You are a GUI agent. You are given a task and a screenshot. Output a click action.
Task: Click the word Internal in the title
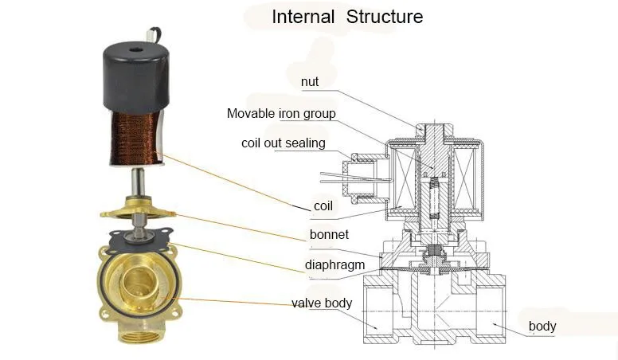pos(304,17)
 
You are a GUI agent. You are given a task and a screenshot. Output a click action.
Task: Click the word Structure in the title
pos(385,17)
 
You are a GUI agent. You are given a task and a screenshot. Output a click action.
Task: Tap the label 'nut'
pos(310,81)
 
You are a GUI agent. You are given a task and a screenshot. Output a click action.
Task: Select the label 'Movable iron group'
pos(281,114)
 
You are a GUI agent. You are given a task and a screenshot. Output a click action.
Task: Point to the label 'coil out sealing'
pos(284,143)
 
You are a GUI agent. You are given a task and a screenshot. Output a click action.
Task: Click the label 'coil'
pos(323,206)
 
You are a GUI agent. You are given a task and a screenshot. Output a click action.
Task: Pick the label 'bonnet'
pos(329,236)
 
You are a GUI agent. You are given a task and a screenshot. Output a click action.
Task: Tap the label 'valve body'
pos(323,303)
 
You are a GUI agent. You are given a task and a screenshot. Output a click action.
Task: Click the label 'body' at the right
pos(542,326)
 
